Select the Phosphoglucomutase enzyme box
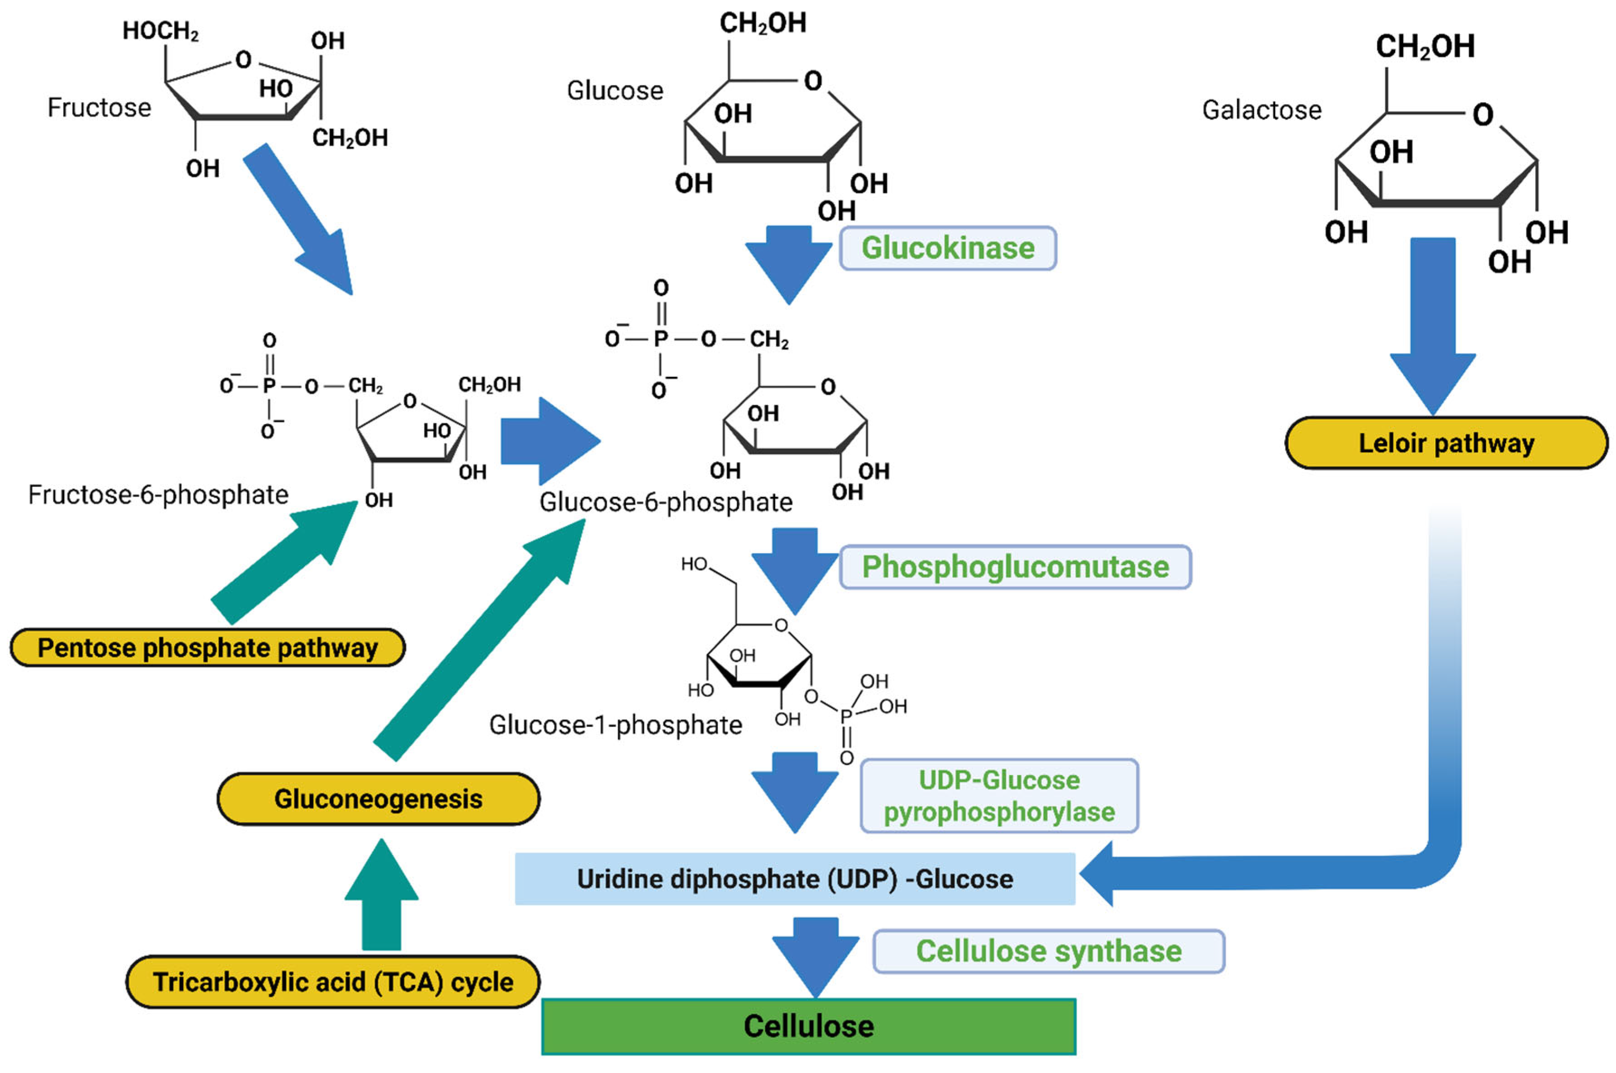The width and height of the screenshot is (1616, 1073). tap(1015, 567)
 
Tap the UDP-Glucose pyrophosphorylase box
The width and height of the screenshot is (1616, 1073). tap(998, 796)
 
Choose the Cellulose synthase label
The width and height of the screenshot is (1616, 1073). tap(1048, 951)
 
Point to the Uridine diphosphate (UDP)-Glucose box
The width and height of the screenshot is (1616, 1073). tap(794, 878)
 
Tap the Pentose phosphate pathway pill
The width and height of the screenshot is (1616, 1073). tap(207, 647)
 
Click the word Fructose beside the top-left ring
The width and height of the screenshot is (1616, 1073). tap(99, 107)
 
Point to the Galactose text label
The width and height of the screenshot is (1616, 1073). tap(1262, 110)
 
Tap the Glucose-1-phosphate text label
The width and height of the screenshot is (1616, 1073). tap(615, 725)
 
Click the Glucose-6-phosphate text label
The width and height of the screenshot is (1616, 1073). tap(666, 502)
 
